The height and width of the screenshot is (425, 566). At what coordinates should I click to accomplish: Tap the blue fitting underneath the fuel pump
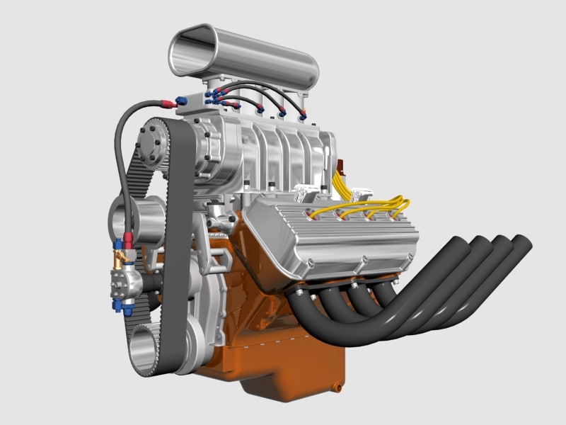click(x=127, y=309)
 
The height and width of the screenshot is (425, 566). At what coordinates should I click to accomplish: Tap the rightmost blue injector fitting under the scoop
click(x=303, y=115)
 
